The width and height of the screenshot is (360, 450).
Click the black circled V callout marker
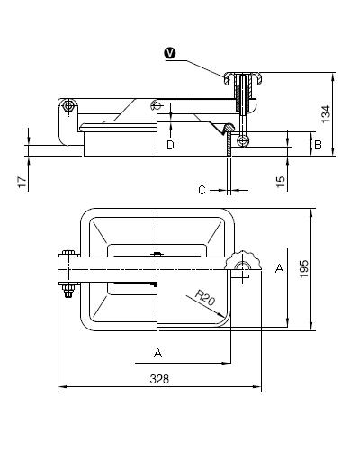pos(170,54)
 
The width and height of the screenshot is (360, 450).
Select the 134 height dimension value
pos(326,114)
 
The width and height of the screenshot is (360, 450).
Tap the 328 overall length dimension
pos(159,379)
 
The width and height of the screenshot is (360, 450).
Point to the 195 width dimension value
pos(304,269)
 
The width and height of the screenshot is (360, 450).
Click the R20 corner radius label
pos(205,297)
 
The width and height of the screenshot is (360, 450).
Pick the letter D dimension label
pos(170,145)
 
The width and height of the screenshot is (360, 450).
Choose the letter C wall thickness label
pos(202,190)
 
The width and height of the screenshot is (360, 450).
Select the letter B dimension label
pos(318,145)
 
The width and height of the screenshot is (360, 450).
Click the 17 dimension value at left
pos(22,182)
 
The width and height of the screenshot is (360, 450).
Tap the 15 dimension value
pos(280,182)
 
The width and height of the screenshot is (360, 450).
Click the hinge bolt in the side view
pos(68,106)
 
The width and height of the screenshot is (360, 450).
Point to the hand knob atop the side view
pos(243,79)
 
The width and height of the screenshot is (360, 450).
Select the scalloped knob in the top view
pos(243,260)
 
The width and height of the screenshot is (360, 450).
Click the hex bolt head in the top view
pos(68,253)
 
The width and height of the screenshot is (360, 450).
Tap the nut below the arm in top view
pos(68,290)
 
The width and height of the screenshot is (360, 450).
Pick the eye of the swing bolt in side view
pos(243,140)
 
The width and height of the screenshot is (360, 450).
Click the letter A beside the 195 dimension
pos(280,268)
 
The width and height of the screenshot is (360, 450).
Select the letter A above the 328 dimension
pos(157,353)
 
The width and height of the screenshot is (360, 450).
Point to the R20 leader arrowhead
pos(221,315)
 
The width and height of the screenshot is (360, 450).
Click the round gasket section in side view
pos(230,127)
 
